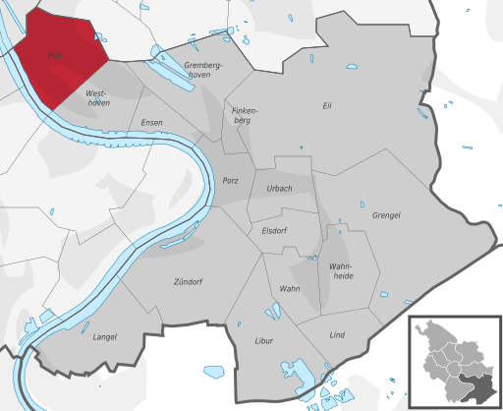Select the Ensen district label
click(151, 123)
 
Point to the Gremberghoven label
click(204, 70)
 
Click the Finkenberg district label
click(244, 115)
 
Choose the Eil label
click(328, 105)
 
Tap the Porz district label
click(231, 181)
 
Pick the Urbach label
click(280, 189)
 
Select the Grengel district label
click(386, 215)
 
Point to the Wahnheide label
click(343, 270)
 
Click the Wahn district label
click(289, 288)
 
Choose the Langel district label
click(104, 337)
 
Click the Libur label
click(262, 341)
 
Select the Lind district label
click(337, 335)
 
